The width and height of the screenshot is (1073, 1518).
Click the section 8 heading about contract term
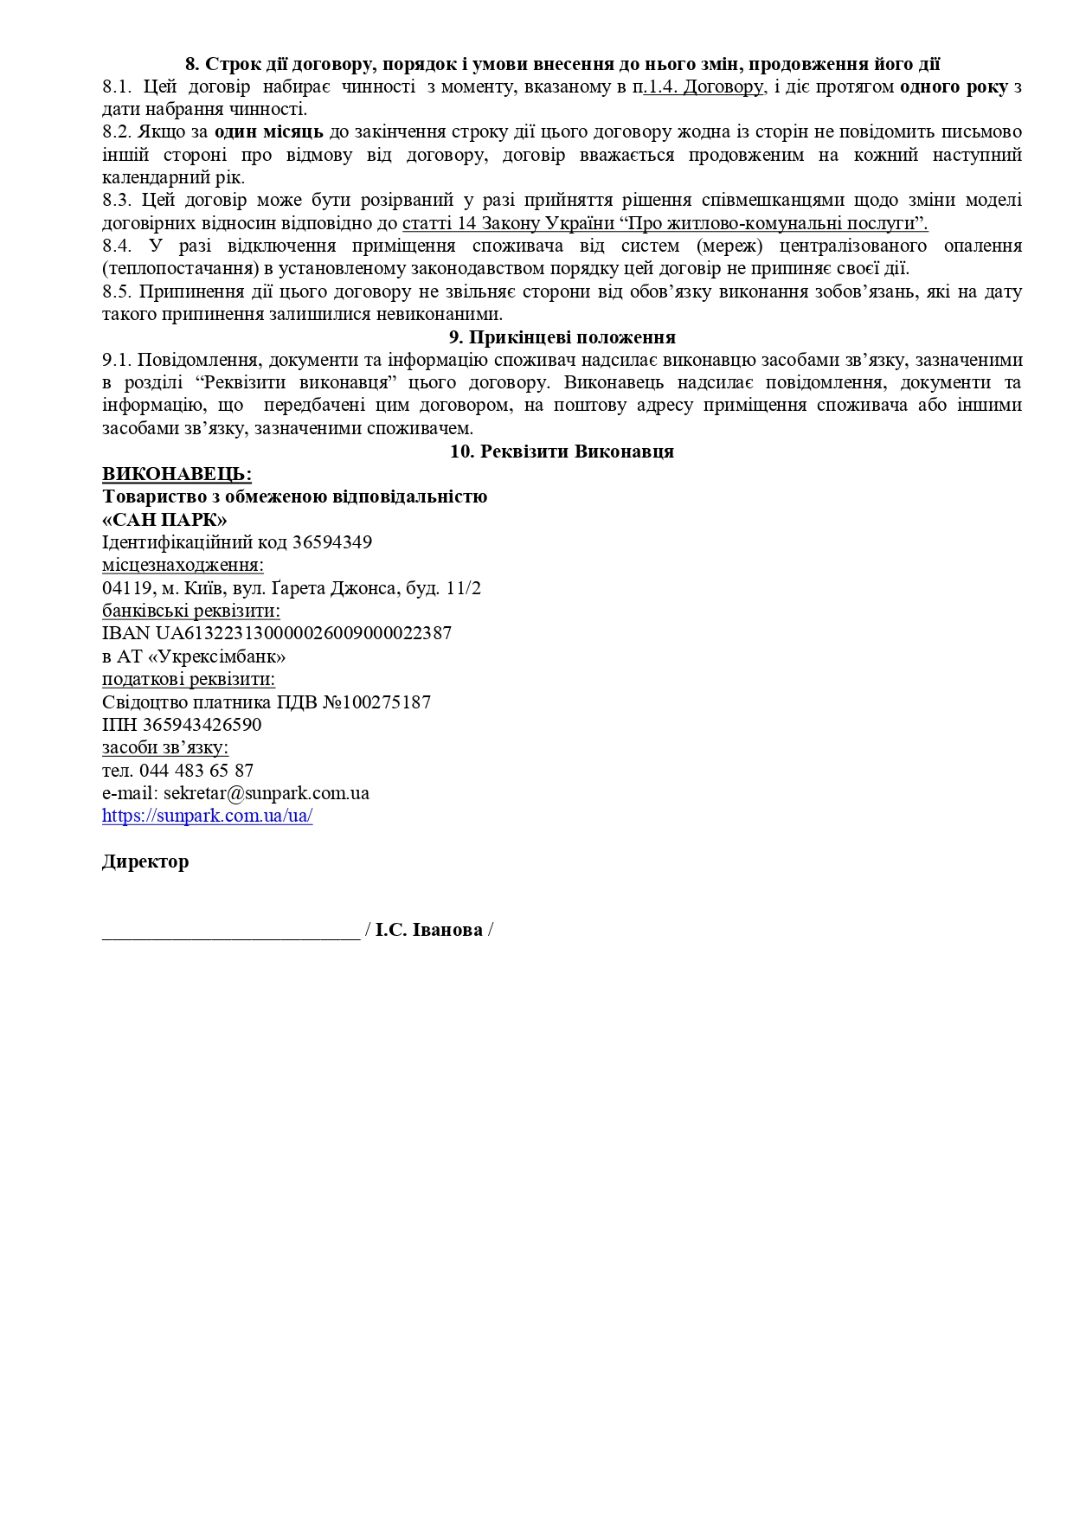click(562, 64)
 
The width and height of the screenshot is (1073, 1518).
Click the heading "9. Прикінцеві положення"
click(562, 337)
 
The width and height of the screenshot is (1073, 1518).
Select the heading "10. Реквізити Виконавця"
click(562, 452)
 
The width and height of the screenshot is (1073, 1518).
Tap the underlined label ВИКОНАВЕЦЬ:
click(177, 474)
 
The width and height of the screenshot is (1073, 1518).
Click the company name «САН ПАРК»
click(164, 520)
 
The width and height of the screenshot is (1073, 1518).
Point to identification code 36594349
click(332, 542)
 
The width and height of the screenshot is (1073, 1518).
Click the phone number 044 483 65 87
click(196, 771)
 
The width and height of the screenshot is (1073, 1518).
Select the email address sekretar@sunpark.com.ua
click(267, 793)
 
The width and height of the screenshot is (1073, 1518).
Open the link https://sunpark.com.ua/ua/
click(207, 816)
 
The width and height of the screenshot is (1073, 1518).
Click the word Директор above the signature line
click(145, 862)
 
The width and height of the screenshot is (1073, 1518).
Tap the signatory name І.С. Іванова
click(429, 931)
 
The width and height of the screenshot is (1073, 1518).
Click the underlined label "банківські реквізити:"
click(190, 611)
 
